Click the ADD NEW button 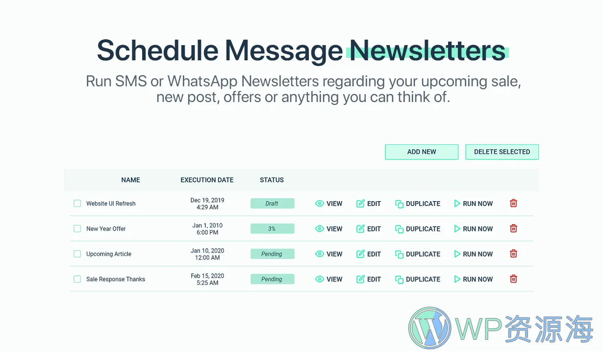422,152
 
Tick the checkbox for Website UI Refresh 77,203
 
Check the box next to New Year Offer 77,229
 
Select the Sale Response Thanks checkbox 77,279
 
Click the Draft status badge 273,204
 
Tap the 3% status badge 273,229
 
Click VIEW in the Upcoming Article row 328,254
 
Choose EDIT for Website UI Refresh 369,204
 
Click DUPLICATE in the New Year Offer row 418,229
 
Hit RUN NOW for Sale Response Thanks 474,279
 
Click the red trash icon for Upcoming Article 513,254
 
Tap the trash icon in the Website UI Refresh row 513,203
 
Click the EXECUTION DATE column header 207,180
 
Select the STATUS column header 272,180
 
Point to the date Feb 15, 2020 207,276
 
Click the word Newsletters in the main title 427,51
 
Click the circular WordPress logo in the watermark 430,328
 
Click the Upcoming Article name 109,254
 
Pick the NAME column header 130,180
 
